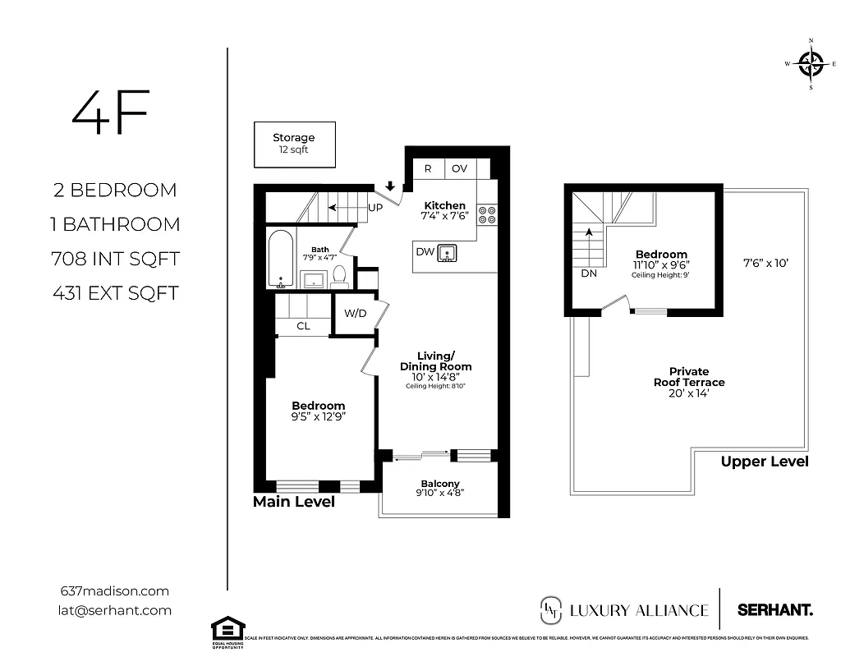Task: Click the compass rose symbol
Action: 811,63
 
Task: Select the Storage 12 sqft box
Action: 293,145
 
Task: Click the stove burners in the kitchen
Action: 486,214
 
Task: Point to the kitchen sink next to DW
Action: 447,253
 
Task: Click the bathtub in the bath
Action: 279,258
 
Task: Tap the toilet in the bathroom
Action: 340,278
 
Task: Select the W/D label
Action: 355,313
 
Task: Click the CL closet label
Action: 303,326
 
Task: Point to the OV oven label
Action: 459,168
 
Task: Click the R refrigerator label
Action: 428,168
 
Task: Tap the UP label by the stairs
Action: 374,209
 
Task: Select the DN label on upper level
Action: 588,273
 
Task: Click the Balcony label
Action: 440,484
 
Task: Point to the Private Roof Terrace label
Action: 688,377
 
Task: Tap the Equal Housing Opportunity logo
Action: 227,631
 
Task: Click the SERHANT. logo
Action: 774,609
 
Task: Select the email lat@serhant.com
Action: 116,609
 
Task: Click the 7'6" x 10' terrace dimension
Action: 765,264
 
